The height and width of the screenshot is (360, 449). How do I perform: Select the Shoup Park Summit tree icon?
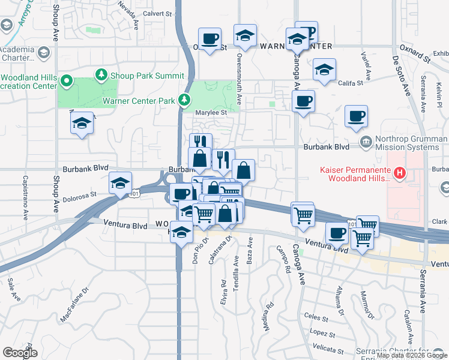click(x=101, y=76)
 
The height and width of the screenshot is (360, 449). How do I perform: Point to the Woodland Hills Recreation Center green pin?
click(x=67, y=81)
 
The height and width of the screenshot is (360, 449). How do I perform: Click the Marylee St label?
click(x=213, y=112)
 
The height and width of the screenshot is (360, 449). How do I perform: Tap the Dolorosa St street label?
click(x=80, y=194)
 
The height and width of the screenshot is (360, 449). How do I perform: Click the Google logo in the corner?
click(x=20, y=353)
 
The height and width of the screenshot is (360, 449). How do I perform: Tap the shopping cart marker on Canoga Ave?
click(x=303, y=214)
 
